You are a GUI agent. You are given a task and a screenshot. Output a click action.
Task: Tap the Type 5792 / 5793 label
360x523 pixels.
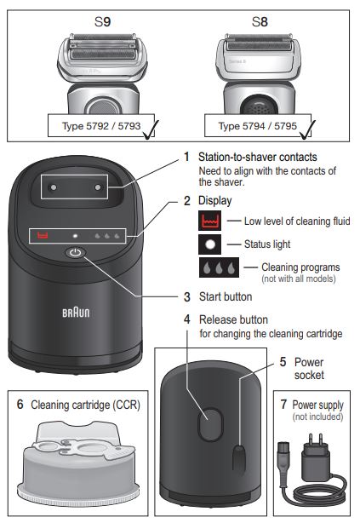(x=89, y=126)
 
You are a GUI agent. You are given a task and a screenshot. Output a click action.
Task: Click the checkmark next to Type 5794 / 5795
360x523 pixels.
(x=308, y=128)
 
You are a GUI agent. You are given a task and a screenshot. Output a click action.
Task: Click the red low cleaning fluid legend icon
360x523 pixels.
(x=210, y=221)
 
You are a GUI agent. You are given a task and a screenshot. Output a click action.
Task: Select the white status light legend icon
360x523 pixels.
(x=210, y=244)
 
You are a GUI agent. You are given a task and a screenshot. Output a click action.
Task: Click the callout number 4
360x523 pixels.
(x=187, y=319)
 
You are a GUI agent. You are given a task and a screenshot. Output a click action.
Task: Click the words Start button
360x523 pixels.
(x=225, y=297)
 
